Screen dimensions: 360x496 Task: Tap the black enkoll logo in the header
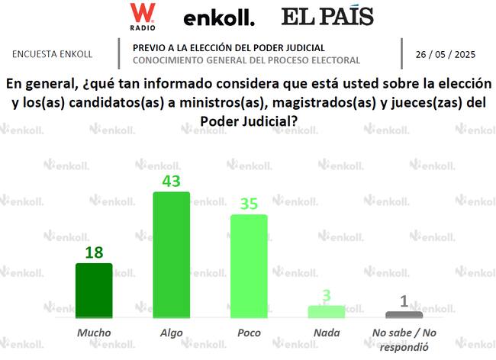(219, 18)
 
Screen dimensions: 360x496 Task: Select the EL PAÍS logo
(327, 16)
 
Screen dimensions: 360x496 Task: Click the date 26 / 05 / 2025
(445, 54)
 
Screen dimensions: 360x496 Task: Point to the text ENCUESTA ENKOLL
(53, 54)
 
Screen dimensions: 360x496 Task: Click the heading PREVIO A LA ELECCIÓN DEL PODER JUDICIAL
(228, 47)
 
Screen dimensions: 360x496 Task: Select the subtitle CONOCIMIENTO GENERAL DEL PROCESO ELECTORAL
(246, 59)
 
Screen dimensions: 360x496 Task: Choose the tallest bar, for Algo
(172, 255)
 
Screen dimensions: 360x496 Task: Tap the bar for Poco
(249, 266)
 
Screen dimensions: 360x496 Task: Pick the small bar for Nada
(327, 311)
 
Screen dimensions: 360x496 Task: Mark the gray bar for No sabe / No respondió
(404, 314)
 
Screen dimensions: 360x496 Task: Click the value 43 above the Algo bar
(172, 180)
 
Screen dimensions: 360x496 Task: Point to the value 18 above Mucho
(94, 252)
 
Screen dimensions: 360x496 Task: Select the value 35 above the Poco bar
(249, 204)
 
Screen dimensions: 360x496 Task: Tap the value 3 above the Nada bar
(327, 295)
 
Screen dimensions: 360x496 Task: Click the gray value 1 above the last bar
(404, 301)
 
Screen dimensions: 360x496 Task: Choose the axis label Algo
(172, 333)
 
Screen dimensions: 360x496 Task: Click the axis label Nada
(327, 333)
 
